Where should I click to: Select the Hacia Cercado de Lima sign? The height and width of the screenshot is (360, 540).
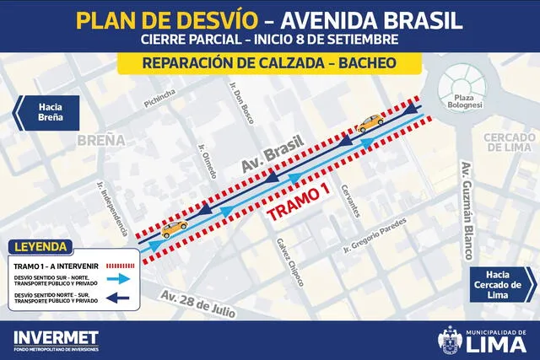(x=505, y=284)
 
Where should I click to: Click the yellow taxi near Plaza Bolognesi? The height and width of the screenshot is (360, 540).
(x=369, y=124)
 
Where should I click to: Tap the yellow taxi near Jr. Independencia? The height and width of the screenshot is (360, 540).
(x=174, y=227)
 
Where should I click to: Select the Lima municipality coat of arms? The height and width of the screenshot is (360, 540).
(x=450, y=341)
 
